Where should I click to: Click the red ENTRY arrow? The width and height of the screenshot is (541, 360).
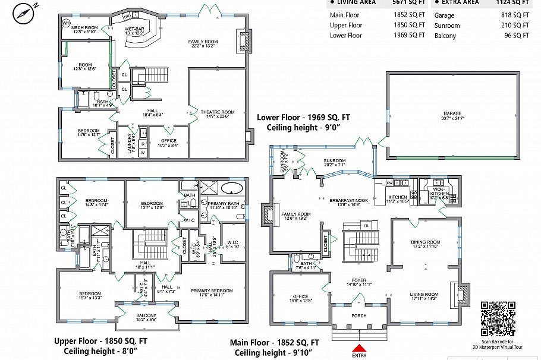(359, 348)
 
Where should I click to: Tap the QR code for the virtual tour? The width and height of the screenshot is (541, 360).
(498, 319)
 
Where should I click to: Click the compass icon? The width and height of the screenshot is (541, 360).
(24, 12)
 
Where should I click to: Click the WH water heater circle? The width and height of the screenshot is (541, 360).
(66, 23)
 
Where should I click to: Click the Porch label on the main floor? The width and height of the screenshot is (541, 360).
(358, 315)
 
